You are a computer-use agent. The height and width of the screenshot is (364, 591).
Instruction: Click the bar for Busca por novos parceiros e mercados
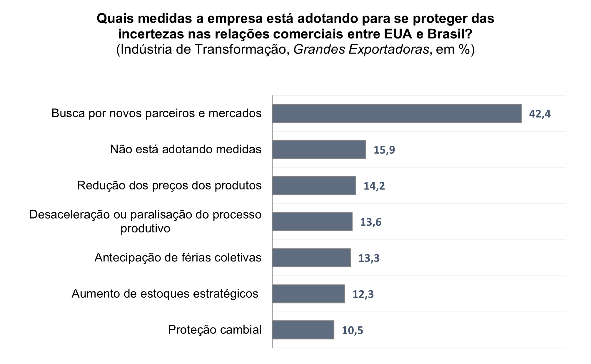[x=396, y=113]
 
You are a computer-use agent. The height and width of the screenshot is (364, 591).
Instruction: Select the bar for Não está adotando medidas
[x=319, y=150]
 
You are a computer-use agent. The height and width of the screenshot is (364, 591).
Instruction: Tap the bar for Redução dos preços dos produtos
[x=314, y=186]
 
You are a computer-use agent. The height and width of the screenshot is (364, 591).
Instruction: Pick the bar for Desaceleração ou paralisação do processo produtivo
[x=312, y=222]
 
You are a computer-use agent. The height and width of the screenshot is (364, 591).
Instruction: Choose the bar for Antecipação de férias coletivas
[x=311, y=258]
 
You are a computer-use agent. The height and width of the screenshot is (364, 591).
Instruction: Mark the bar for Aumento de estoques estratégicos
[x=308, y=294]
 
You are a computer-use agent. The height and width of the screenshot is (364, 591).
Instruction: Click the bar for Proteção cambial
[x=303, y=330]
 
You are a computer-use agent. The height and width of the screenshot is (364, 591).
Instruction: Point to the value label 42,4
[x=540, y=114]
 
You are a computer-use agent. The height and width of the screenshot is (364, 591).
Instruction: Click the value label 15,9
[x=384, y=150]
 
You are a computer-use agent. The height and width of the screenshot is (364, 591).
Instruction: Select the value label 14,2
[x=374, y=186]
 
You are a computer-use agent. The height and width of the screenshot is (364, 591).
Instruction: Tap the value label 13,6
[x=370, y=222]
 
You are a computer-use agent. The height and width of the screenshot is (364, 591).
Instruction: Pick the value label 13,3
[x=369, y=259]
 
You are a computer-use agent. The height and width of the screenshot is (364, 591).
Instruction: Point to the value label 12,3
[x=363, y=294]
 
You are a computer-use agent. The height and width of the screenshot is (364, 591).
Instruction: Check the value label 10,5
[x=352, y=331]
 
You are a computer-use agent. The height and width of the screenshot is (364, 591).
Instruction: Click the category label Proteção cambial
[x=215, y=330]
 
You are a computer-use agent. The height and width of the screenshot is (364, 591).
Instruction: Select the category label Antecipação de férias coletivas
[x=178, y=258]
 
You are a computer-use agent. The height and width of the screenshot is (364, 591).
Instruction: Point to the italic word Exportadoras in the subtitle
[x=389, y=49]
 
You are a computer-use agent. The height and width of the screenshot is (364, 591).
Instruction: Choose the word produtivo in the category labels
[x=145, y=228]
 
